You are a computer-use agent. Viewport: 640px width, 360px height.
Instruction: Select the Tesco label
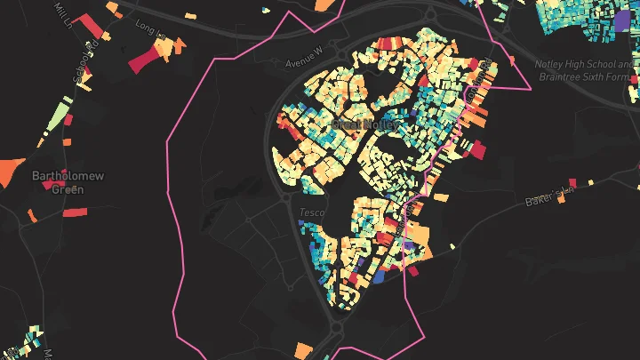click(x=313, y=213)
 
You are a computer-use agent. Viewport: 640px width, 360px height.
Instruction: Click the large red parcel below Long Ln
click(x=147, y=59)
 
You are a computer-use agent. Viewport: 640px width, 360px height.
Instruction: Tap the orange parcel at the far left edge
click(x=11, y=169)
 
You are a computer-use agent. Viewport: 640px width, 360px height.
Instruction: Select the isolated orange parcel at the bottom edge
click(x=303, y=349)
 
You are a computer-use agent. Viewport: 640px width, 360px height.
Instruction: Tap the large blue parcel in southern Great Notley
click(x=378, y=277)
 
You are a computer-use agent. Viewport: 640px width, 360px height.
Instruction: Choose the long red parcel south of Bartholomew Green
click(x=76, y=212)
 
